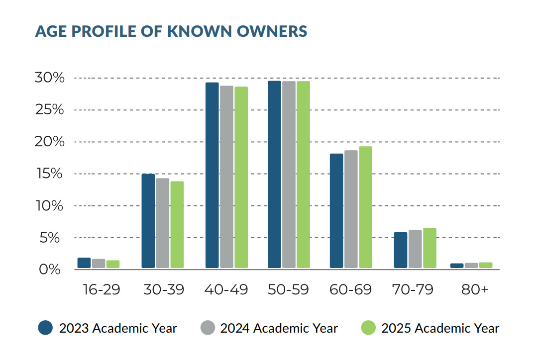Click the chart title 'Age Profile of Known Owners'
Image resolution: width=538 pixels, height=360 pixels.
pyautogui.click(x=171, y=31)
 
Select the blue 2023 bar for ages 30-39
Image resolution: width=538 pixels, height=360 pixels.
pyautogui.click(x=148, y=221)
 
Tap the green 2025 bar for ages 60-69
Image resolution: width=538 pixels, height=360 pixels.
pyautogui.click(x=365, y=207)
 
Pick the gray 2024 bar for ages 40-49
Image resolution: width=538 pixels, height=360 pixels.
pyautogui.click(x=226, y=177)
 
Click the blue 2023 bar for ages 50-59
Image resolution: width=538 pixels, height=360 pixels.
pyautogui.click(x=274, y=175)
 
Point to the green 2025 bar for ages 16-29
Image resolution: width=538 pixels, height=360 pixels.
pyautogui.click(x=113, y=264)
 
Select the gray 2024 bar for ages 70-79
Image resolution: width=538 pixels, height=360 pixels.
pyautogui.click(x=415, y=249)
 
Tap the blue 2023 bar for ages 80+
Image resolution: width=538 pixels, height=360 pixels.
pyautogui.click(x=456, y=266)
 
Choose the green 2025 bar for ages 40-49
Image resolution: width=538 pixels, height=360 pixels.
pyautogui.click(x=241, y=178)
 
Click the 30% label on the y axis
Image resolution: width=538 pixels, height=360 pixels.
pyautogui.click(x=49, y=78)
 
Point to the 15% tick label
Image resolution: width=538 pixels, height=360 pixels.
pyautogui.click(x=49, y=174)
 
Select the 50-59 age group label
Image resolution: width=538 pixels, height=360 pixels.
pyautogui.click(x=288, y=290)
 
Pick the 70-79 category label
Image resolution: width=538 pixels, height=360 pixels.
pyautogui.click(x=413, y=290)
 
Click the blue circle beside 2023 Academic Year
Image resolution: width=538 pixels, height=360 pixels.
pyautogui.click(x=45, y=328)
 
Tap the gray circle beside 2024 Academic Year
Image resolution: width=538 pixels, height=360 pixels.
pyautogui.click(x=208, y=328)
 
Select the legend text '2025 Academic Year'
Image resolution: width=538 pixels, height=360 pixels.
pyautogui.click(x=440, y=328)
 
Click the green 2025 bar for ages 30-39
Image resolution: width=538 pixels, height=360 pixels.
pyautogui.click(x=177, y=225)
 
